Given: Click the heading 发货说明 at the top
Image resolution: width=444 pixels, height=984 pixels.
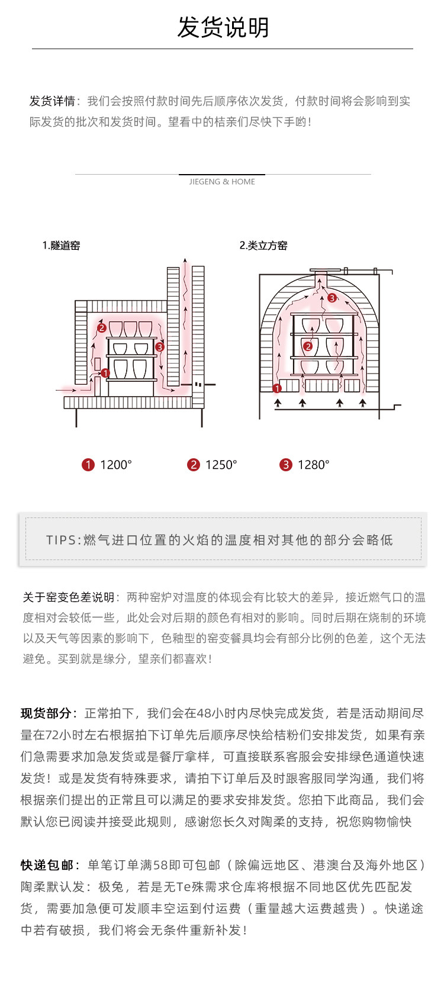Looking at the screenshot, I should [x=223, y=28].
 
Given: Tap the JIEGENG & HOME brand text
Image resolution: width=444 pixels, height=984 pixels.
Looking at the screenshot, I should [x=222, y=182].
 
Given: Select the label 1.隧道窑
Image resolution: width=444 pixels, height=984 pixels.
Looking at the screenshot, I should [x=61, y=246].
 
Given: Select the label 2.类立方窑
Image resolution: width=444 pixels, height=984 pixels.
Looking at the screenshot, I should [x=263, y=246].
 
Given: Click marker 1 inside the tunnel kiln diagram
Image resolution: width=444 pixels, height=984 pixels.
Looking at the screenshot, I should [x=105, y=373].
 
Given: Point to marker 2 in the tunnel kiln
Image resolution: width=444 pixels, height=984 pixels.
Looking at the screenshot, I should [x=102, y=327].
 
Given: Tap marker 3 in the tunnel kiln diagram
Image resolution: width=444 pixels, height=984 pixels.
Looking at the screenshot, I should [x=159, y=348].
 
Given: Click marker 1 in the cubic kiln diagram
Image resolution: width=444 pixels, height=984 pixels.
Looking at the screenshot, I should [x=276, y=388].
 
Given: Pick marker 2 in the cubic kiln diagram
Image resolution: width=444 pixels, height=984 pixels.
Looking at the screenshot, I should [x=307, y=346].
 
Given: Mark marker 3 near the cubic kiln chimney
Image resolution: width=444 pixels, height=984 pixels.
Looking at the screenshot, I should [x=332, y=298].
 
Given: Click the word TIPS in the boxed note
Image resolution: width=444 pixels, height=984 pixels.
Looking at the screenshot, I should [x=61, y=540].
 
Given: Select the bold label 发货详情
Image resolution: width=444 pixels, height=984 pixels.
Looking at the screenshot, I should [x=52, y=101].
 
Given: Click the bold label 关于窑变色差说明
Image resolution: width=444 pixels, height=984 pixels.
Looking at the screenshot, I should [x=68, y=597].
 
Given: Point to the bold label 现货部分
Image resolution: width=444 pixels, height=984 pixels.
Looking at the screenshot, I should [x=46, y=713].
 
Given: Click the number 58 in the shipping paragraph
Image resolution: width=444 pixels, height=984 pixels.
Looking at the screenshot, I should [x=161, y=865].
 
